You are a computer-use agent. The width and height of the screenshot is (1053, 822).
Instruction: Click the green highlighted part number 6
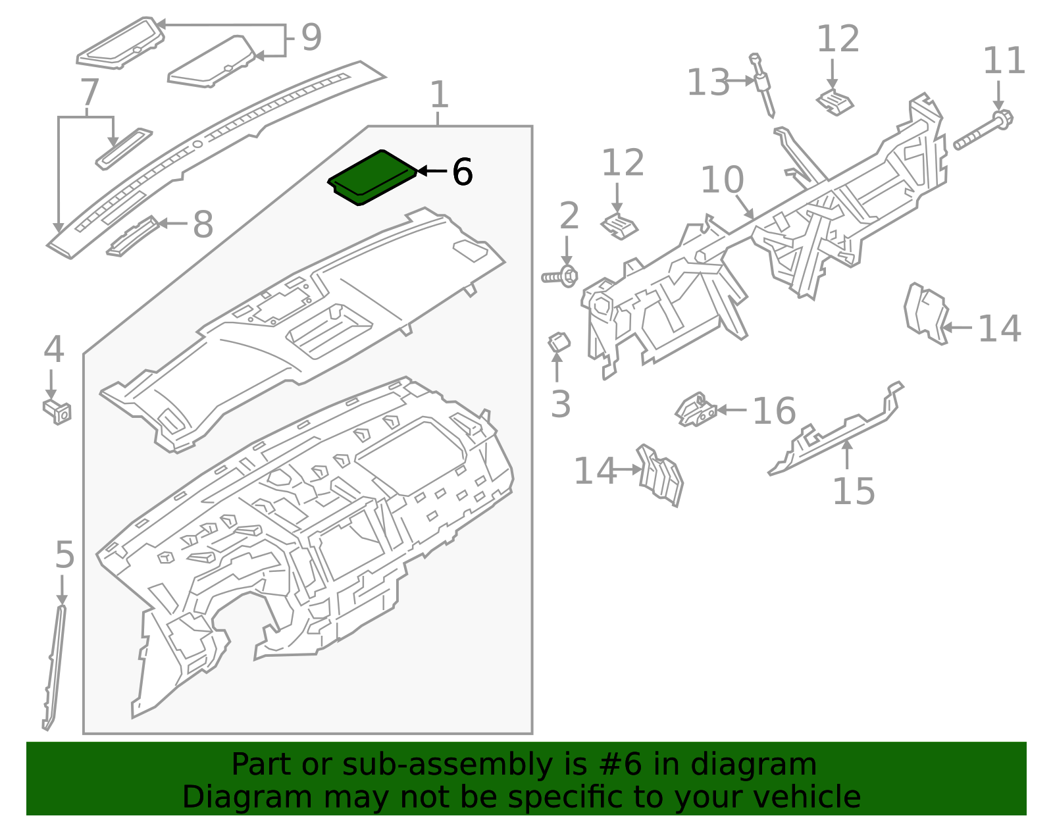(372, 177)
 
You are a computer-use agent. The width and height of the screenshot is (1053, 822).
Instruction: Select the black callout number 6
(462, 172)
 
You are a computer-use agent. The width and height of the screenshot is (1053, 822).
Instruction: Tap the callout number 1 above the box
(439, 95)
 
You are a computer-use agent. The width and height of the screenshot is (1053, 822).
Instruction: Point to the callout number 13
(708, 83)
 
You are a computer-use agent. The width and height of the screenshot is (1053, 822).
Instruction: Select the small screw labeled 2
(560, 276)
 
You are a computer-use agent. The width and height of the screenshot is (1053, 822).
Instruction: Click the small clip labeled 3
(559, 342)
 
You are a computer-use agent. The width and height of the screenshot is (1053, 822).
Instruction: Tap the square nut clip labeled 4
(57, 411)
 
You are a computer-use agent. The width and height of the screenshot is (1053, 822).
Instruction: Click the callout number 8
(203, 224)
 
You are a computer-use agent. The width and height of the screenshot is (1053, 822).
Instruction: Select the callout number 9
(311, 37)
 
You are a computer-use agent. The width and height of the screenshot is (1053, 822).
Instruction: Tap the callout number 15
(853, 491)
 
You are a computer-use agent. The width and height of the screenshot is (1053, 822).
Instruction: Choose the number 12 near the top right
(838, 39)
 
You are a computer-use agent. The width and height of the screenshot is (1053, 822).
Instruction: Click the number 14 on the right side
(999, 328)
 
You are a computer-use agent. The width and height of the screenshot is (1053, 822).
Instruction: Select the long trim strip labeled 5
(53, 665)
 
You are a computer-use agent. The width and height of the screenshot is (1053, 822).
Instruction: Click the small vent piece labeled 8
(132, 237)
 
